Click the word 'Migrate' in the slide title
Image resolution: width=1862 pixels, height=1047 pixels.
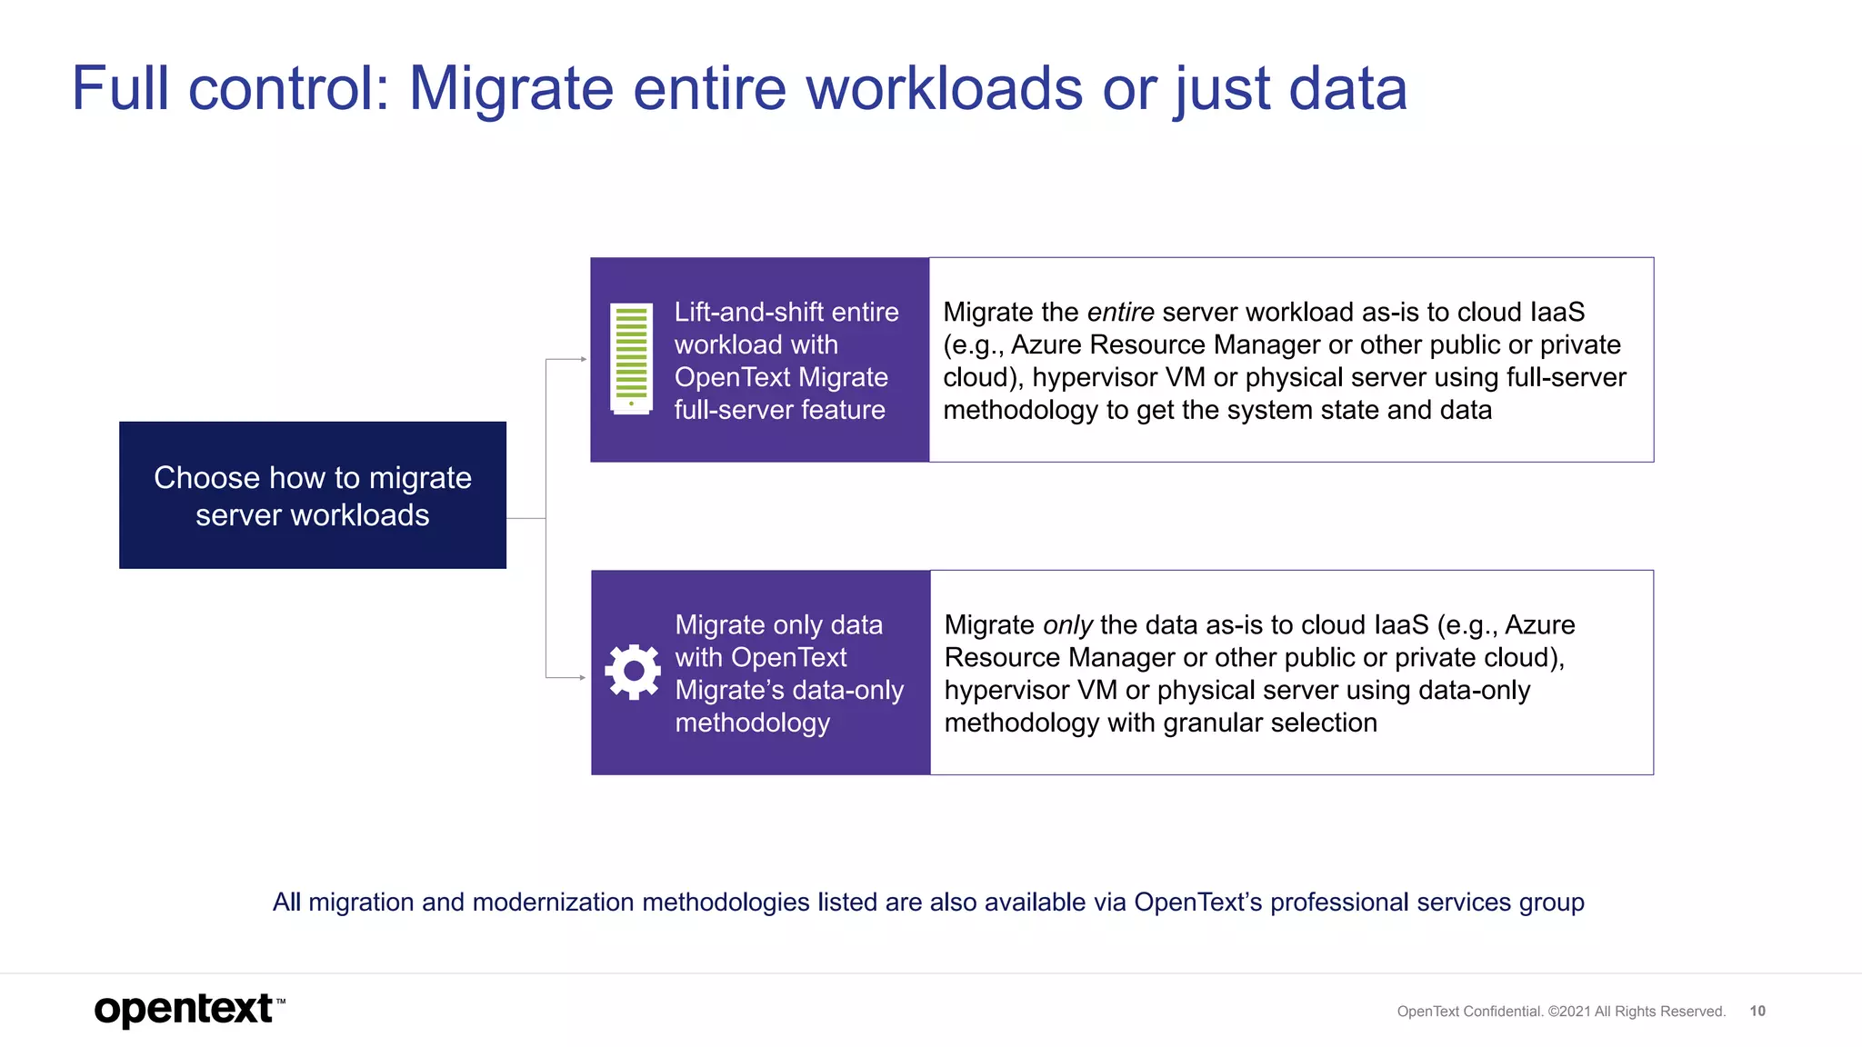point(511,89)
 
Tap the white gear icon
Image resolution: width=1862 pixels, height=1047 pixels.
point(633,672)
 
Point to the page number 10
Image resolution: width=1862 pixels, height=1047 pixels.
point(1757,1011)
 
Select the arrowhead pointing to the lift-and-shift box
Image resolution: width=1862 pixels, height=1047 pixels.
point(583,360)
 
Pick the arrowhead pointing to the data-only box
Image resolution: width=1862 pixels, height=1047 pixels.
point(582,677)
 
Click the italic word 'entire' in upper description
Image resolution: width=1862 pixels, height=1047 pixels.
point(1120,313)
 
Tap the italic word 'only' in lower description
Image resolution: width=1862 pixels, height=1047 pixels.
point(1067,625)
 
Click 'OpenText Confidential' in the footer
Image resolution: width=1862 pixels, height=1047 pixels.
point(1469,1012)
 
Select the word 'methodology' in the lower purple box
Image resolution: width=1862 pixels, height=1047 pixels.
point(752,723)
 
